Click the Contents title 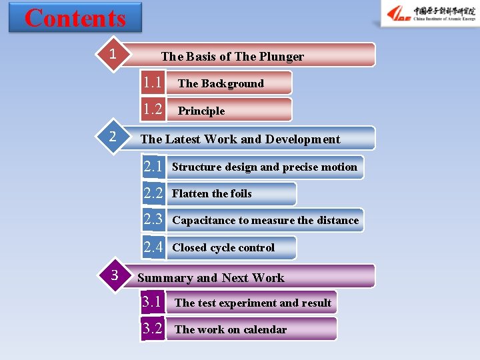click(x=75, y=18)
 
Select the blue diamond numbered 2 click(x=113, y=137)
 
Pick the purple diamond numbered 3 click(x=114, y=275)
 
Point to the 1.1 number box click(x=153, y=83)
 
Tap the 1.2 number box click(x=153, y=109)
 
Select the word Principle click(x=201, y=111)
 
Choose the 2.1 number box click(x=153, y=167)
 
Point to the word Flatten click(x=190, y=193)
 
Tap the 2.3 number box click(x=153, y=219)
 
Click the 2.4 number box click(x=153, y=247)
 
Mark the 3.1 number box click(x=152, y=302)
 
